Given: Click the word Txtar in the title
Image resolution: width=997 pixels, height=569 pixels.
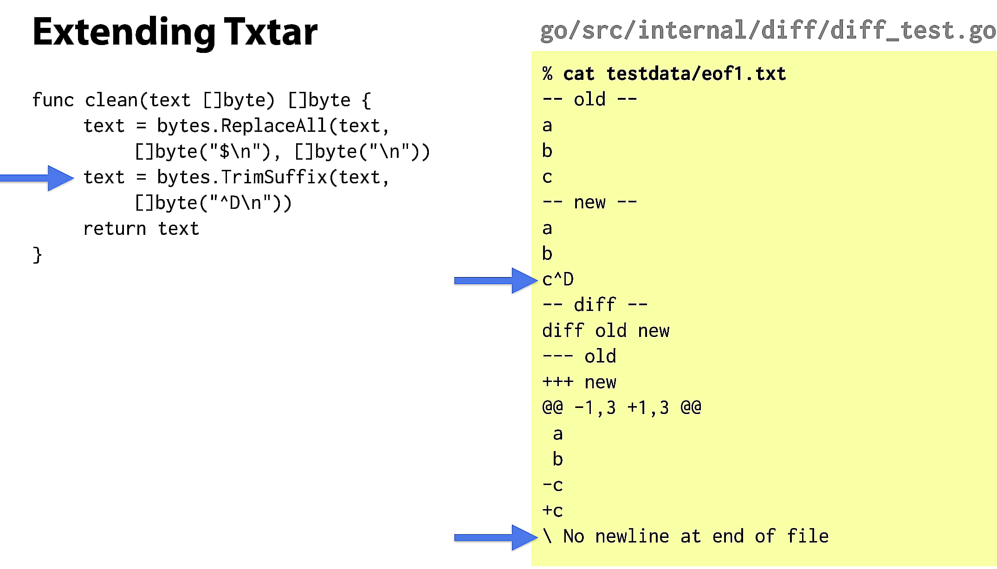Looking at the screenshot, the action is tap(271, 32).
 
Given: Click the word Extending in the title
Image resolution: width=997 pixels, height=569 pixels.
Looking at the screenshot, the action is tap(124, 33).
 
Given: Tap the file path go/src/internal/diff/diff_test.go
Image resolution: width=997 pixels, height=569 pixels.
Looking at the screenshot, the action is tap(768, 31).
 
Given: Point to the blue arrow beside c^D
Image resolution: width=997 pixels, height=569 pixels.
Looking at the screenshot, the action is tap(496, 280).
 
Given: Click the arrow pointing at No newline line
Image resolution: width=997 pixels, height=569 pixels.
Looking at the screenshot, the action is tap(496, 537).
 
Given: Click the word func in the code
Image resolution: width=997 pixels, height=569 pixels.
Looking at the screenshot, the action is tap(53, 100).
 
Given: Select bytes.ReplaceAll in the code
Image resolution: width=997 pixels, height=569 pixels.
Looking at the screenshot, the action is tap(242, 126).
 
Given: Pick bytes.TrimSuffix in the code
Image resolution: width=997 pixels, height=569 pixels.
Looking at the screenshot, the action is tap(242, 177).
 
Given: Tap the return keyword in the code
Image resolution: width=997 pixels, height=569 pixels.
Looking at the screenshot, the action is tap(115, 229).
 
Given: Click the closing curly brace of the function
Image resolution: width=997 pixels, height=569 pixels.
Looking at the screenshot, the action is tap(38, 255).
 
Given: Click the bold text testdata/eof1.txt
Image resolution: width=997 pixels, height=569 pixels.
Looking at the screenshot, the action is tap(696, 74).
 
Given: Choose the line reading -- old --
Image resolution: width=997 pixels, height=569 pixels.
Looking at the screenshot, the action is tap(589, 99).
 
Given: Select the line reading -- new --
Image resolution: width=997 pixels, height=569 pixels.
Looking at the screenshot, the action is tap(589, 202).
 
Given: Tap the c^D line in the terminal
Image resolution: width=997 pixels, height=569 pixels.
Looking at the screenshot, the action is tap(558, 279).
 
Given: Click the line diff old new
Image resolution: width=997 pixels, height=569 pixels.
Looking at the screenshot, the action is tap(606, 331).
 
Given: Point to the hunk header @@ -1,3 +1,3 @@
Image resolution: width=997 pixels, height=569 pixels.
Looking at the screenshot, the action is tap(622, 408).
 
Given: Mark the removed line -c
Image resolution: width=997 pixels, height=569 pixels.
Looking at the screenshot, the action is tap(552, 485).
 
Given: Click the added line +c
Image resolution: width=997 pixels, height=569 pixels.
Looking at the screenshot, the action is tap(552, 511).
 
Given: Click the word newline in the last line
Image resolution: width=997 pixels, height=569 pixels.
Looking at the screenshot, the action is tap(632, 537).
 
